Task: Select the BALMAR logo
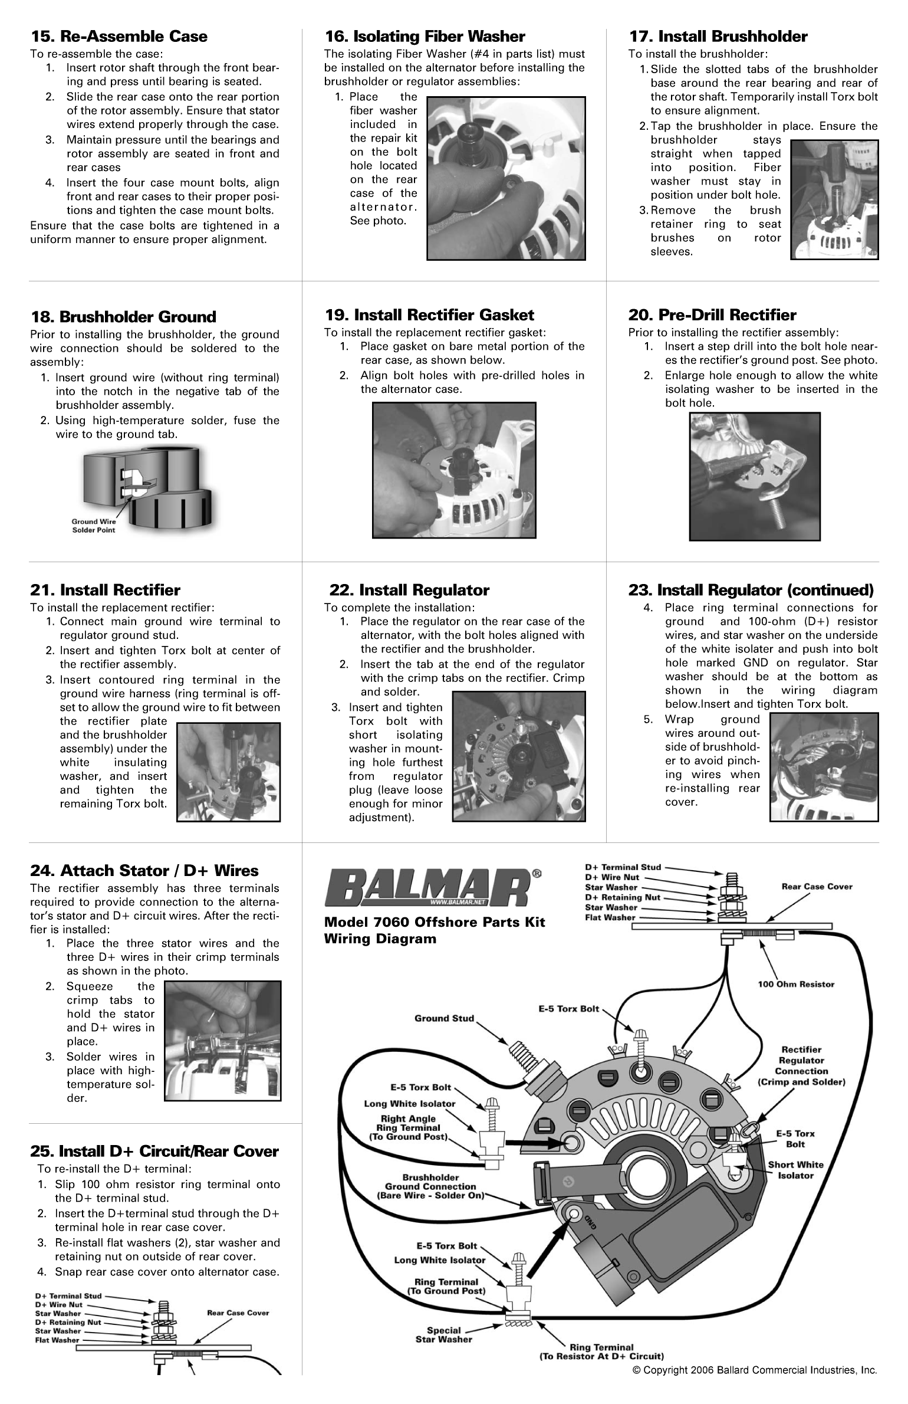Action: tap(428, 889)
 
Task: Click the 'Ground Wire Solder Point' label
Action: tap(93, 526)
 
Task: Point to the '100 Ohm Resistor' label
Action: tap(795, 984)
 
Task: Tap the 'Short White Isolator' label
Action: tap(795, 1170)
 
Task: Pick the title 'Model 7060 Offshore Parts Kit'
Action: tap(434, 923)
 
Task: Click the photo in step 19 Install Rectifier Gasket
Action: tap(454, 470)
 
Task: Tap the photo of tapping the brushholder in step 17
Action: tap(834, 199)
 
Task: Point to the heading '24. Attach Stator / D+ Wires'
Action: tap(144, 871)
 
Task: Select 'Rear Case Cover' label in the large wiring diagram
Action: tap(816, 887)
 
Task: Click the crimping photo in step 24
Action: tap(222, 1041)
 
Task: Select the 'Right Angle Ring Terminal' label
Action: tap(408, 1127)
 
